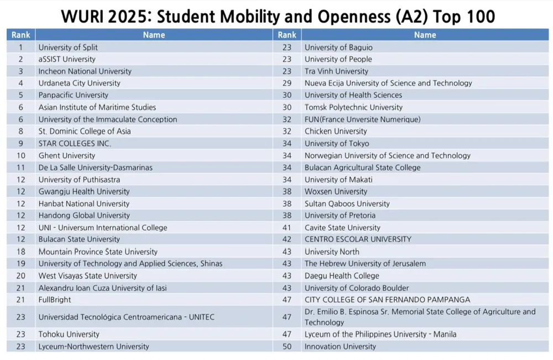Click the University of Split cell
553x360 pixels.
tap(68, 47)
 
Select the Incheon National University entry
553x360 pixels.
tap(85, 71)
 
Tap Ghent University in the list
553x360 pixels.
tap(66, 155)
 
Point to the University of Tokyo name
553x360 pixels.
tap(337, 143)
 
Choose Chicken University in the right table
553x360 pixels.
tap(336, 131)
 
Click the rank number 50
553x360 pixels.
tap(286, 347)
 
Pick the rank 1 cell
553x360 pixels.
tap(20, 47)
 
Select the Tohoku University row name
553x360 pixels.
tap(69, 335)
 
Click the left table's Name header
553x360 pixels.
tap(154, 35)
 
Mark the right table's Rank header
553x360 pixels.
tap(287, 35)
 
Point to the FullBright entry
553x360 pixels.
tap(55, 300)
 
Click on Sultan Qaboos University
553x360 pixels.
tap(347, 204)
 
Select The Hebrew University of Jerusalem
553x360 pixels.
tap(365, 264)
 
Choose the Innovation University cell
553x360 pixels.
tap(340, 347)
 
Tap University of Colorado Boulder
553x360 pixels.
tap(357, 288)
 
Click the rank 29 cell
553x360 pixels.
tap(286, 83)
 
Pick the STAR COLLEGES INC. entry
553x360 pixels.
tap(75, 143)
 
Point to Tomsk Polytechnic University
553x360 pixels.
tap(353, 107)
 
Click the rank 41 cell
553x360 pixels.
tap(286, 227)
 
